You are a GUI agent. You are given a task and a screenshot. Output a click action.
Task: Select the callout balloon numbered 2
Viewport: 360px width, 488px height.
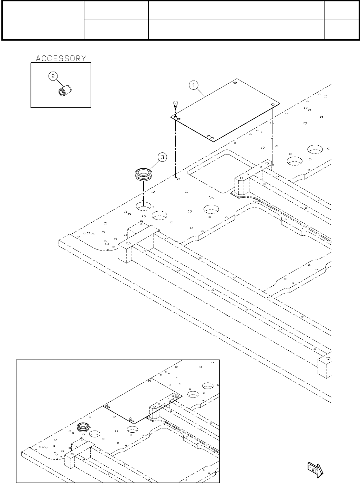[52, 77]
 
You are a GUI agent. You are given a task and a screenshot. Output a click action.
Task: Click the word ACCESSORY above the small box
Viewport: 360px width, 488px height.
[61, 58]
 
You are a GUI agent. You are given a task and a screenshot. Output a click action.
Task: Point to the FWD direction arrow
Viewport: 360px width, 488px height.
[315, 469]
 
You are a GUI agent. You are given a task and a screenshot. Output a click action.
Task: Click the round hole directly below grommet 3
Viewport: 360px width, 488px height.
[144, 206]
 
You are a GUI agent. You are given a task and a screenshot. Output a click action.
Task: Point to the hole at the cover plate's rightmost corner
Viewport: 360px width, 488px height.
[272, 104]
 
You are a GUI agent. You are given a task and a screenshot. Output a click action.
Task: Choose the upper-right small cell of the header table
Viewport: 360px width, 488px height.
[341, 11]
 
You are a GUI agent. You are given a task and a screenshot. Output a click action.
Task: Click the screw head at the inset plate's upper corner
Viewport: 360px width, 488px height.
[150, 381]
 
